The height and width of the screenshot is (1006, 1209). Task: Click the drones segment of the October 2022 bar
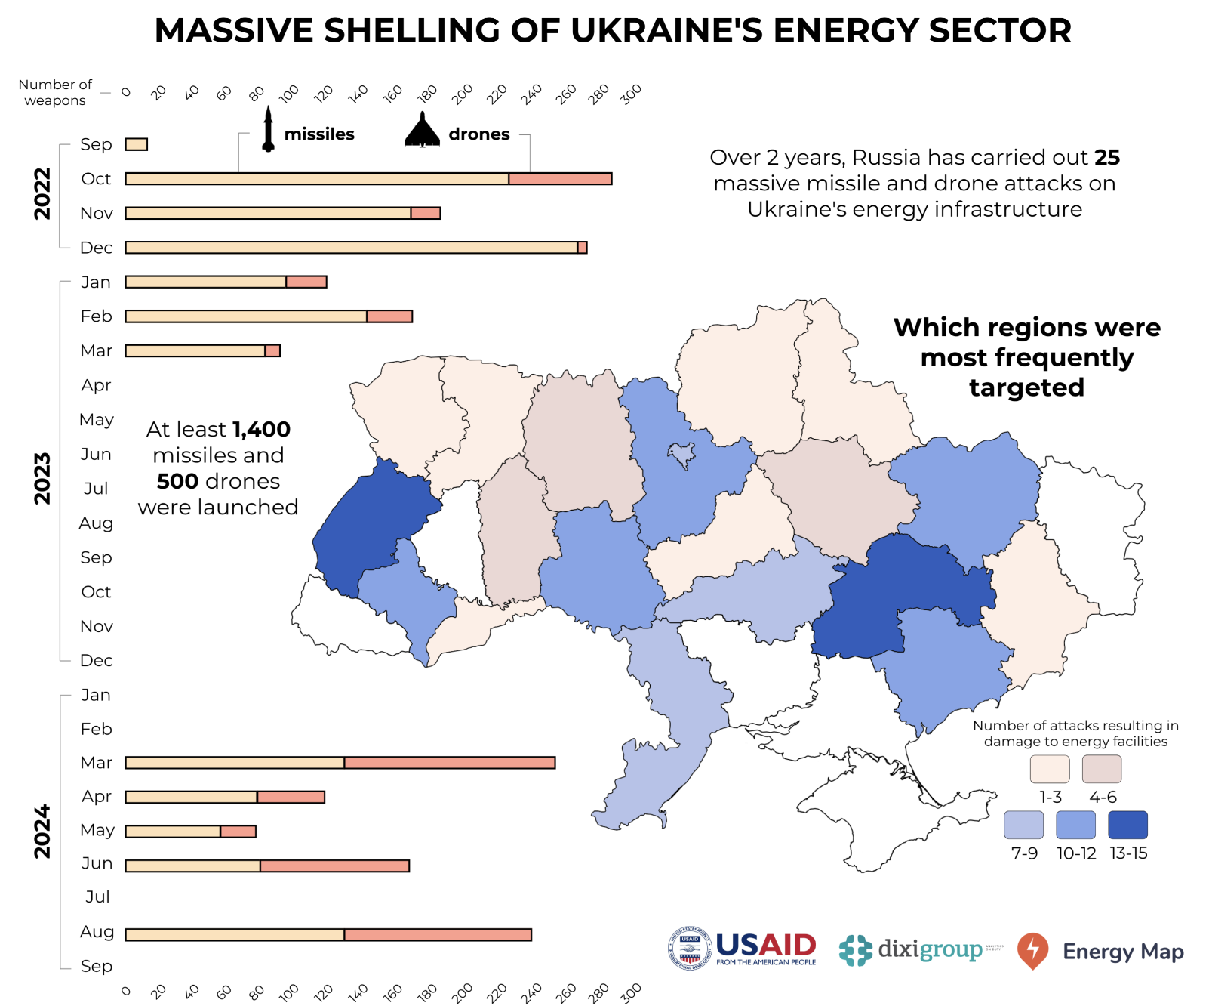pyautogui.click(x=560, y=179)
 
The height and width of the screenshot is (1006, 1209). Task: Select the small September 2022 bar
pyautogui.click(x=137, y=144)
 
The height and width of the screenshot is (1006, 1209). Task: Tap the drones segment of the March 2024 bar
pyautogui.click(x=450, y=763)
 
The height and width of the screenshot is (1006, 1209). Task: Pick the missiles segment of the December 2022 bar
pyautogui.click(x=351, y=248)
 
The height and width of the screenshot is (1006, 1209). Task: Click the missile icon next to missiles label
pyautogui.click(x=268, y=130)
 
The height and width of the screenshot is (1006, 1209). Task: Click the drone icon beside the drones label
pyautogui.click(x=422, y=130)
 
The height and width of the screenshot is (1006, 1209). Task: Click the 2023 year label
pyautogui.click(x=42, y=478)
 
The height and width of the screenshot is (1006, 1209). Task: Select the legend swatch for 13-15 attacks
pyautogui.click(x=1127, y=825)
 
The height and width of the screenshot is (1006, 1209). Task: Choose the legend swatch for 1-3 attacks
pyautogui.click(x=1049, y=769)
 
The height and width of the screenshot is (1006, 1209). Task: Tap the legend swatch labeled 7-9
pyautogui.click(x=1023, y=825)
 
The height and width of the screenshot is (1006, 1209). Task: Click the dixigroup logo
pyautogui.click(x=912, y=950)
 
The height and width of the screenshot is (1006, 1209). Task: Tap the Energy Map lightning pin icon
pyautogui.click(x=1032, y=950)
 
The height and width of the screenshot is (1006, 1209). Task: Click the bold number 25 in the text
pyautogui.click(x=1107, y=157)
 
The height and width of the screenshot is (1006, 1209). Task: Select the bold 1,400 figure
pyautogui.click(x=261, y=429)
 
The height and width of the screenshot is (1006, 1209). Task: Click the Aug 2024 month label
pyautogui.click(x=97, y=932)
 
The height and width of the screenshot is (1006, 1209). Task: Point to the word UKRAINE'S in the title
pyautogui.click(x=667, y=30)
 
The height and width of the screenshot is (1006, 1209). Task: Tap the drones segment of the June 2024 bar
pyautogui.click(x=334, y=866)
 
